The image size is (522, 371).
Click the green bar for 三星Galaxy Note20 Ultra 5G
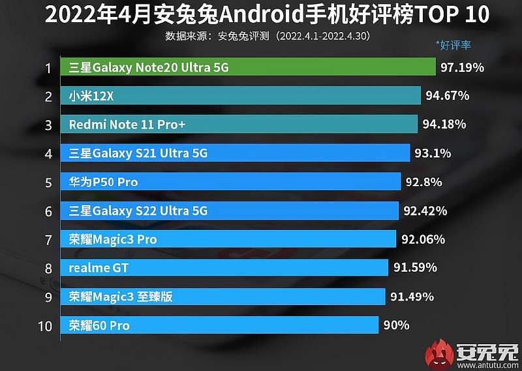[x=248, y=67]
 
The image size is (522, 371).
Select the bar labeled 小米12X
[x=241, y=96]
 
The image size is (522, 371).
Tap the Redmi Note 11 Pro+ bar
[x=239, y=125]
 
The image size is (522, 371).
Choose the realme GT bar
[x=226, y=268]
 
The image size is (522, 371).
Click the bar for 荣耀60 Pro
[x=220, y=325]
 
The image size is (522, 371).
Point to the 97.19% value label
[x=462, y=67]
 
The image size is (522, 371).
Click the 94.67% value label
[x=447, y=96]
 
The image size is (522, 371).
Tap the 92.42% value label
[x=425, y=211]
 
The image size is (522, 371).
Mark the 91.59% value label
[x=415, y=268]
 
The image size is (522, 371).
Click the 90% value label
[x=396, y=325]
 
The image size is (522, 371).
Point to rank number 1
[x=48, y=68]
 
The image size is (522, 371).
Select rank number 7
[x=48, y=240]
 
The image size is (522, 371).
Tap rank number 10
[x=45, y=326]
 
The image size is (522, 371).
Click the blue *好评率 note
[x=453, y=45]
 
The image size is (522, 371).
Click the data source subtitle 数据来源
[x=268, y=35]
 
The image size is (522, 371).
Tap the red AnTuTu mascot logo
[x=440, y=353]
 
